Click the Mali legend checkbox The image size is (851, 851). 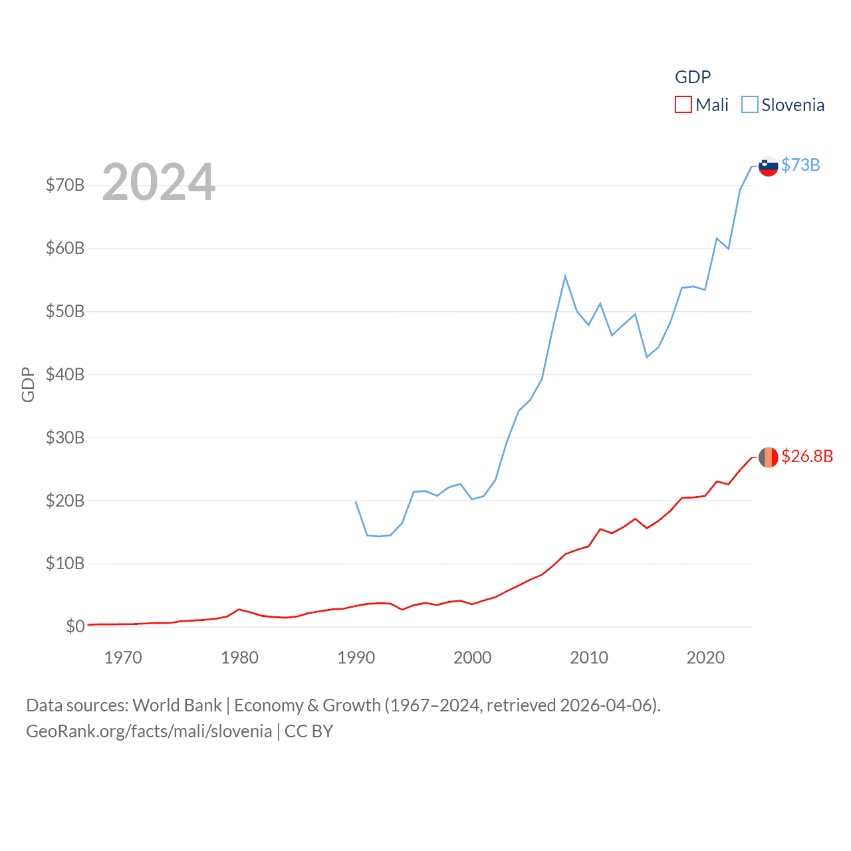tap(683, 105)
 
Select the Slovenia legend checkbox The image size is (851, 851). tap(750, 105)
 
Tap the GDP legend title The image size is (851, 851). tap(693, 77)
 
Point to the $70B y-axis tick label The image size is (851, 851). tap(65, 185)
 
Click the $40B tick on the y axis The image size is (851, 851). tap(65, 374)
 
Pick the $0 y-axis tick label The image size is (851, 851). tap(75, 626)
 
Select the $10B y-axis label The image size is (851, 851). tap(65, 564)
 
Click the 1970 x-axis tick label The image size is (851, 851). tap(123, 658)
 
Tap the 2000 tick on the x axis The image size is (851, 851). tap(472, 658)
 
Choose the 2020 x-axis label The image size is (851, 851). tap(705, 658)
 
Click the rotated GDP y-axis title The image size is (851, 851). tap(28, 384)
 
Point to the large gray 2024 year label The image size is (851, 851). tap(159, 182)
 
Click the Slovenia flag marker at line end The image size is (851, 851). tap(769, 166)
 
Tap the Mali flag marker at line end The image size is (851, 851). tap(769, 457)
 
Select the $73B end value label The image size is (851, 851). tap(800, 165)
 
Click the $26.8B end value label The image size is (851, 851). tap(807, 456)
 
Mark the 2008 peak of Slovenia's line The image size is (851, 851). tap(565, 276)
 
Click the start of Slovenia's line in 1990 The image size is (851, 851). tap(356, 501)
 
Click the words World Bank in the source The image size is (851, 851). tap(177, 705)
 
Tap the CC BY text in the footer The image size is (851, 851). tap(308, 731)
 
